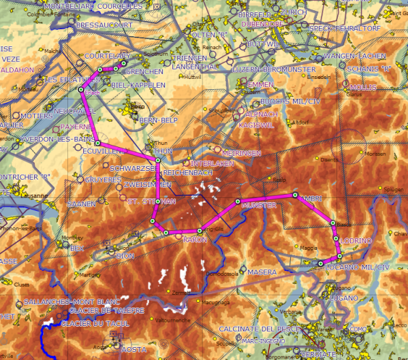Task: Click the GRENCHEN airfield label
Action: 145,71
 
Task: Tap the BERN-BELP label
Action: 158,120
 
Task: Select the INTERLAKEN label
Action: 213,164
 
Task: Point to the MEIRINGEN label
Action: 241,153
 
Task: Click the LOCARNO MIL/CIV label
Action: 356,267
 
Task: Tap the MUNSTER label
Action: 259,205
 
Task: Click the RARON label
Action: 195,240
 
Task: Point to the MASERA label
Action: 262,272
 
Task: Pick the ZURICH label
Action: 293,12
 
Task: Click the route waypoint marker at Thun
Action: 158,161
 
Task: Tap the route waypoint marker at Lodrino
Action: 336,238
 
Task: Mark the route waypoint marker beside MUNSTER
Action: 238,201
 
